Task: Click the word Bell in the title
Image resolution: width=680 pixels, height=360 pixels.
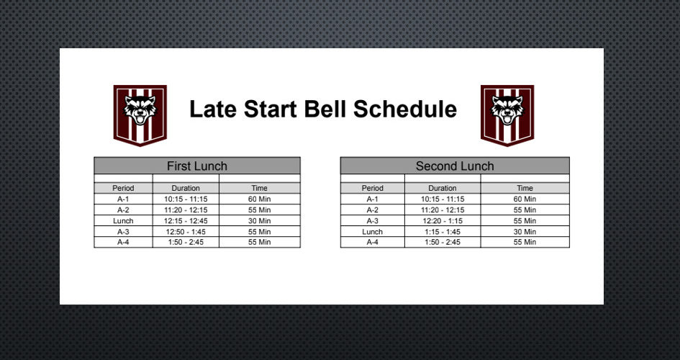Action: click(325, 109)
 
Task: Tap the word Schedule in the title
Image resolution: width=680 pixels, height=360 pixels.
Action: click(405, 109)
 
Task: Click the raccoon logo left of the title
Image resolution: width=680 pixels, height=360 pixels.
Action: click(140, 115)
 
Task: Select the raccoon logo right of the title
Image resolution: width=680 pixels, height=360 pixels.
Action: click(507, 115)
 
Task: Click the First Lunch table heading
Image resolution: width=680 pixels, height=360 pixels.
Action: click(197, 166)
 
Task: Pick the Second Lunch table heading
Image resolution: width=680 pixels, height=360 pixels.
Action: click(455, 166)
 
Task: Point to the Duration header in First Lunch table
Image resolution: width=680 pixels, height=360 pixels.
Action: click(186, 188)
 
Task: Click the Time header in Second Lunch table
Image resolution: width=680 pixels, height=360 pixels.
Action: click(525, 188)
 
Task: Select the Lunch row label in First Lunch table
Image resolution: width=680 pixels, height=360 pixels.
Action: click(123, 221)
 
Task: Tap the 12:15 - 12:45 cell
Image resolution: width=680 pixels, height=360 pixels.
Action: click(186, 221)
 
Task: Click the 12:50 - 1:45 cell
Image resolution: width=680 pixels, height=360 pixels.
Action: click(186, 232)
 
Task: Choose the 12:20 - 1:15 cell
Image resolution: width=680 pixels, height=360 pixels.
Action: click(443, 221)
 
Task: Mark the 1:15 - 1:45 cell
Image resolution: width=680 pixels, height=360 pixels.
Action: click(443, 232)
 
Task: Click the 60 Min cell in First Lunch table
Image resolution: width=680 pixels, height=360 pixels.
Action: click(259, 199)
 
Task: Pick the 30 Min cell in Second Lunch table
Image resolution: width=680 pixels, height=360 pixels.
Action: click(525, 232)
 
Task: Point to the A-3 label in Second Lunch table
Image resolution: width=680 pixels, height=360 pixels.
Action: click(373, 221)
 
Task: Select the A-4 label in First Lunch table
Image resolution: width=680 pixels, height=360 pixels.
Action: click(123, 242)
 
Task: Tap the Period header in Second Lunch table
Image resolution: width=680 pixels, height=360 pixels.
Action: click(373, 188)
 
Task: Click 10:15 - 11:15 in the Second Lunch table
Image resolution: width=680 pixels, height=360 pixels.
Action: click(443, 199)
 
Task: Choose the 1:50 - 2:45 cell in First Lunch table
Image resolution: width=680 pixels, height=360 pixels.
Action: click(186, 242)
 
